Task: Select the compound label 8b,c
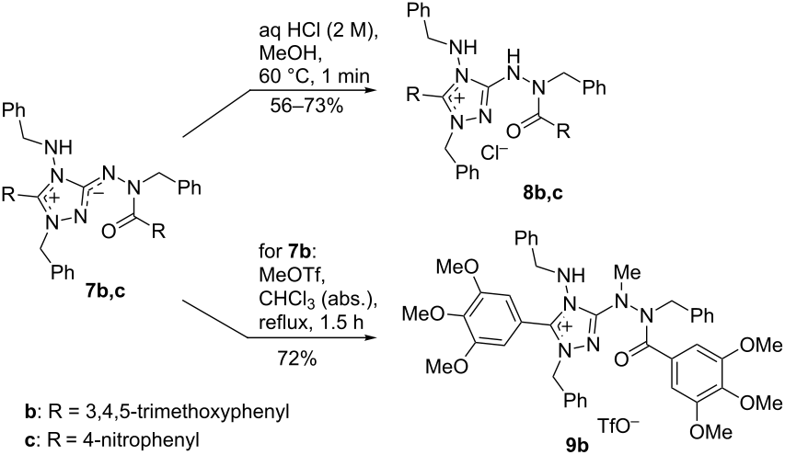coord(543,193)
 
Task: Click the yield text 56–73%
coord(306,105)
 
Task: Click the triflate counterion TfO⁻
coord(618,427)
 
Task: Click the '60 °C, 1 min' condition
coord(315,76)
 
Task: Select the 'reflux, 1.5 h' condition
coord(311,323)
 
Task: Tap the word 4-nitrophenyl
coord(150,440)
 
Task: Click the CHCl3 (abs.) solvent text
coord(317,299)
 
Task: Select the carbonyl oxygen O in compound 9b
coord(621,359)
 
